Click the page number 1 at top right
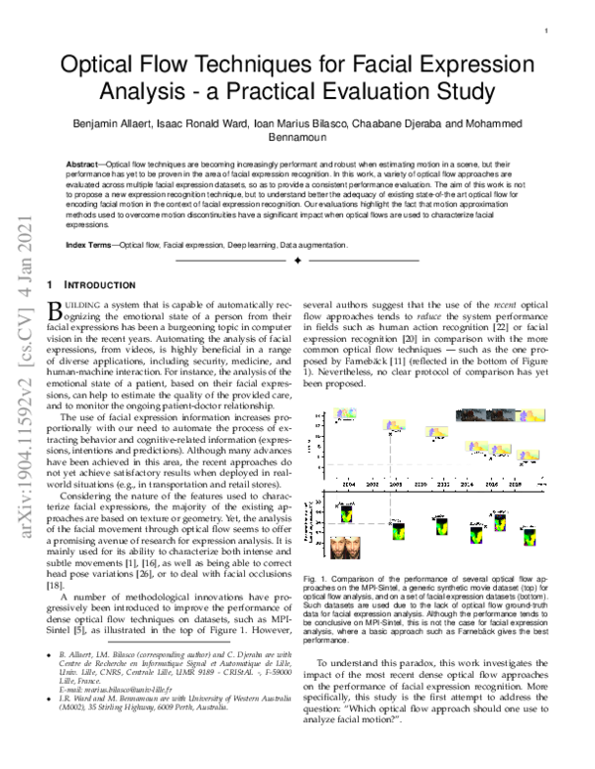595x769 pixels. pos(547,32)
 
